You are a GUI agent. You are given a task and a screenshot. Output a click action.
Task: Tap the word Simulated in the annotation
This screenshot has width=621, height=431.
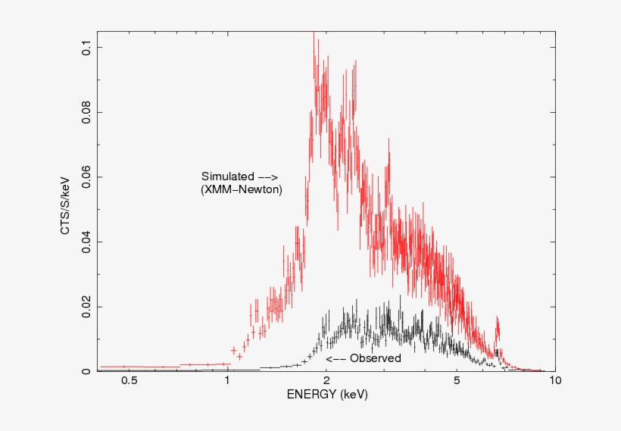click(227, 176)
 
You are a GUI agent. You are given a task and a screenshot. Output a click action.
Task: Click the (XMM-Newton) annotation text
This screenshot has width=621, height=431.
click(241, 190)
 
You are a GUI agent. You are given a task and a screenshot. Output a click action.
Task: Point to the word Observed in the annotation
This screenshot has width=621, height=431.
click(375, 358)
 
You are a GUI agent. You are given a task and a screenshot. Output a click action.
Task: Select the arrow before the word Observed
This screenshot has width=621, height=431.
click(335, 358)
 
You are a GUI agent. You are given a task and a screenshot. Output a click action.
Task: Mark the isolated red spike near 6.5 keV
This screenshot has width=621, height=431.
click(498, 330)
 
